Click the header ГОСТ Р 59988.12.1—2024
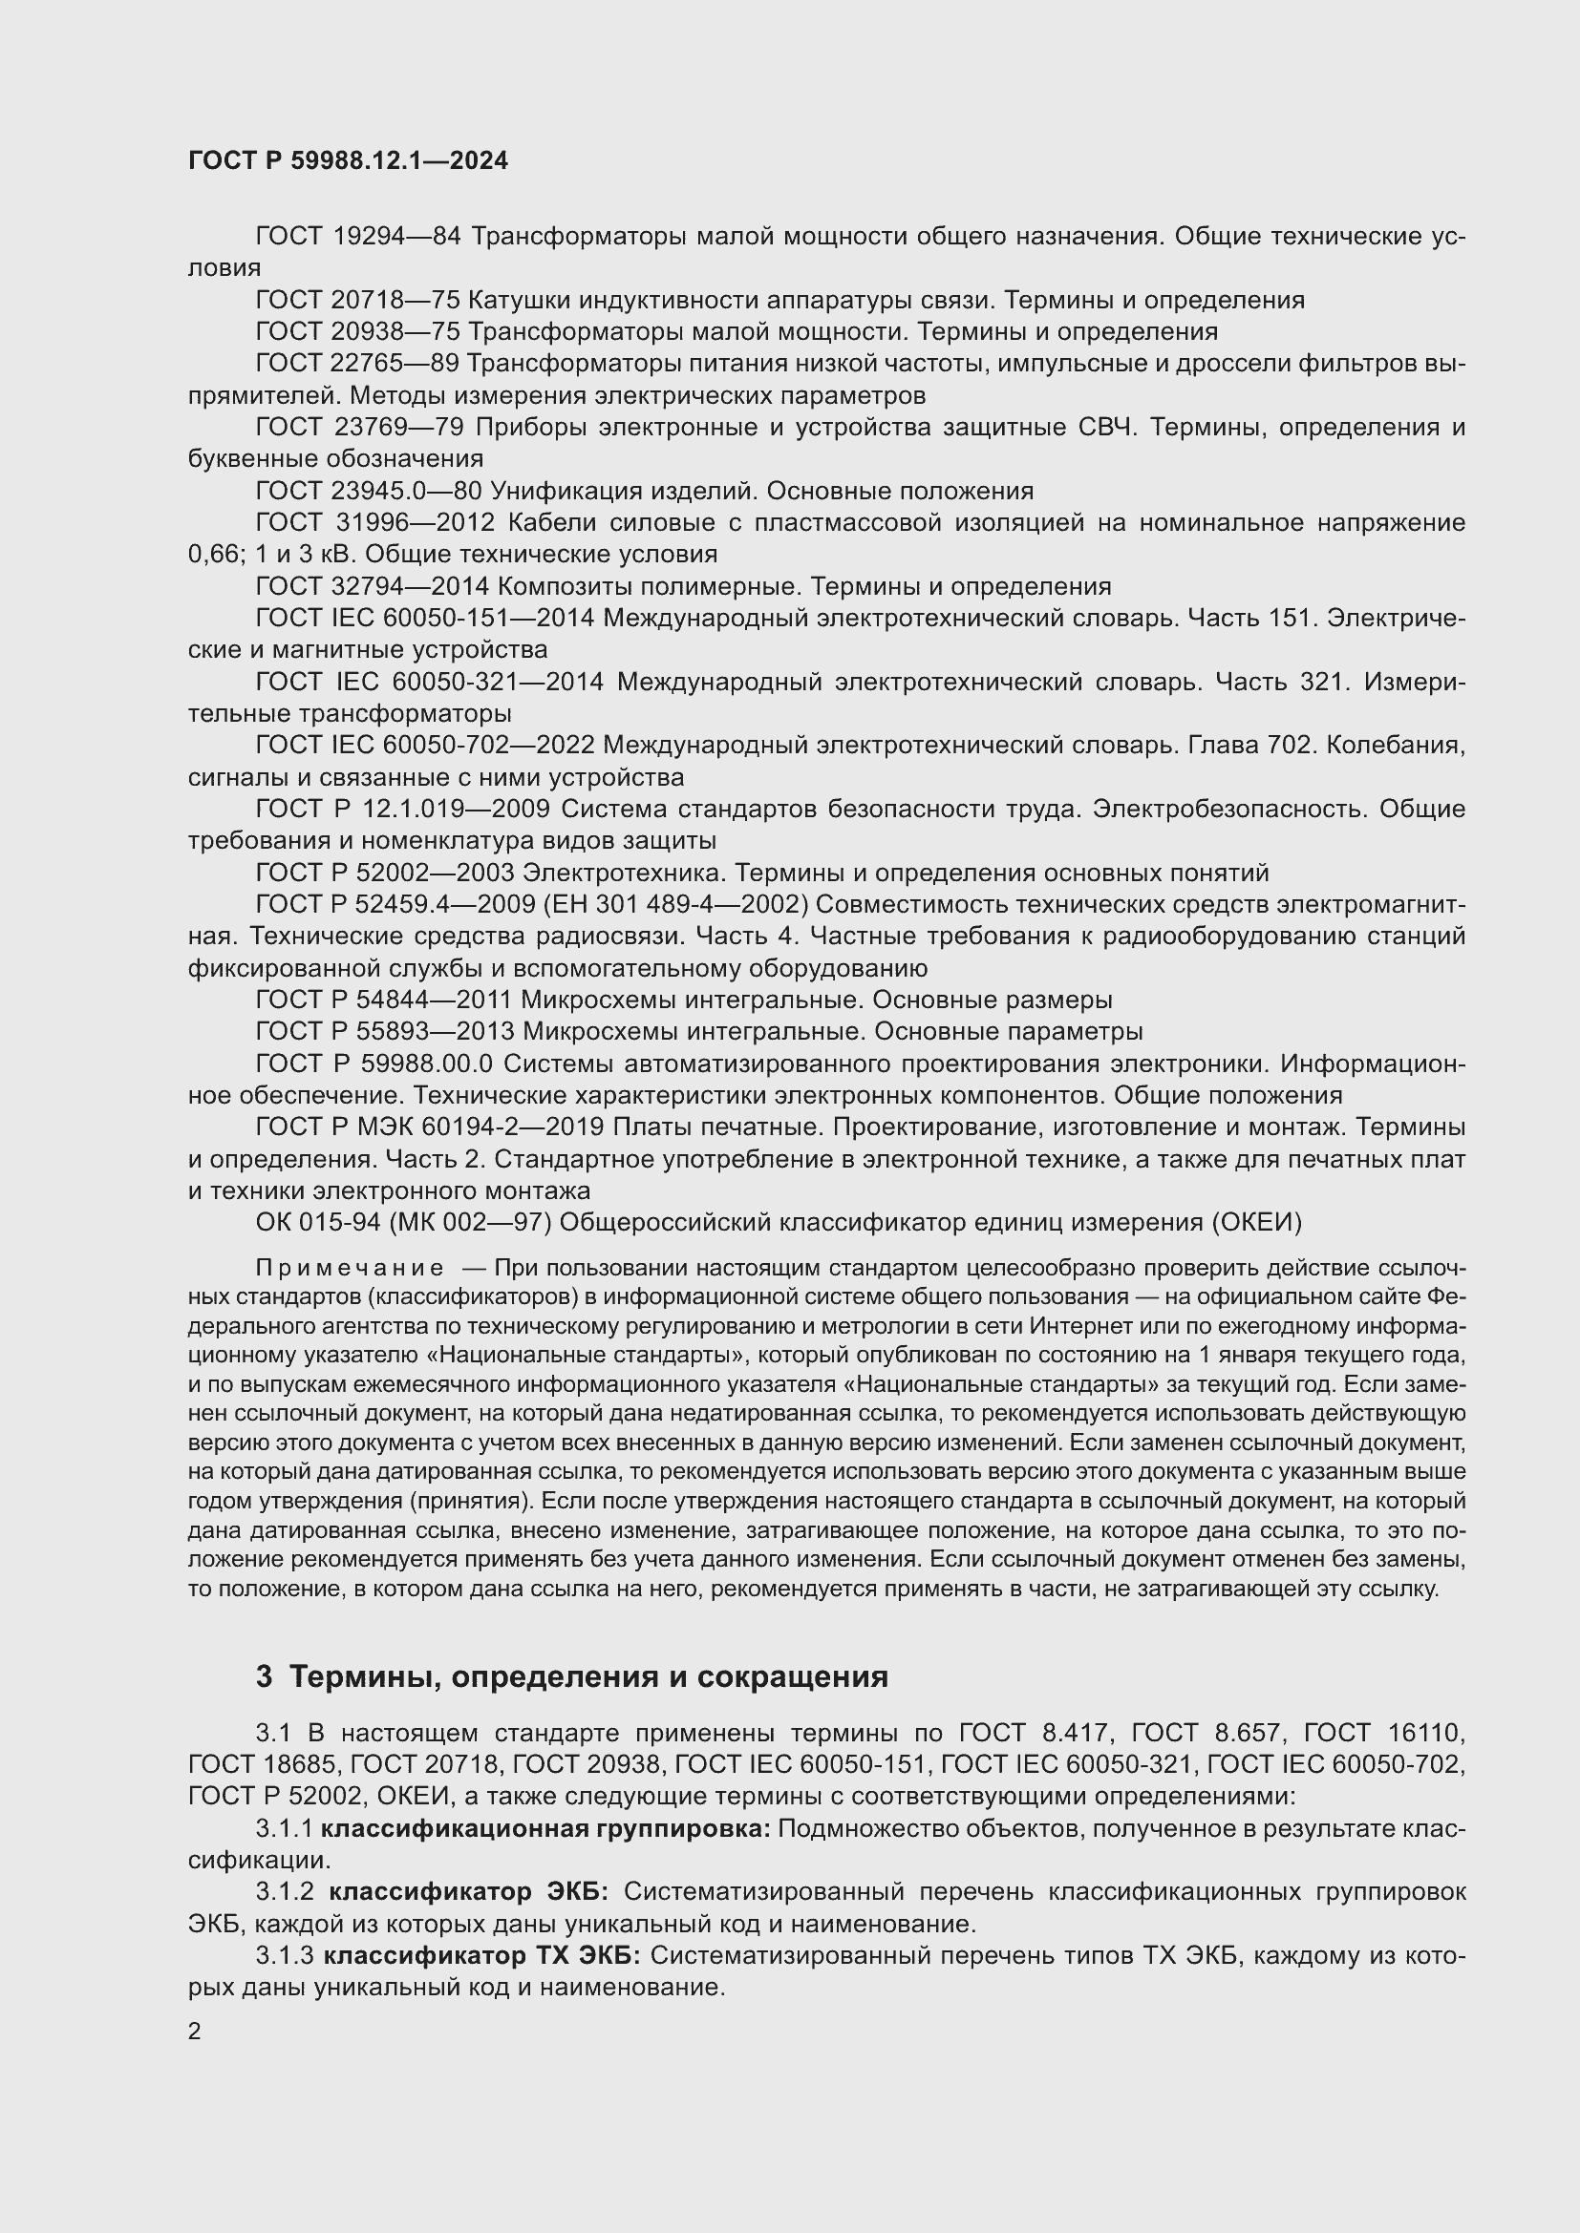click(348, 160)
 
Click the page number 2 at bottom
click(195, 2031)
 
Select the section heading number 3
click(264, 1676)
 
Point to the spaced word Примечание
click(350, 1268)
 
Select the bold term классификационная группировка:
click(544, 1829)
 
